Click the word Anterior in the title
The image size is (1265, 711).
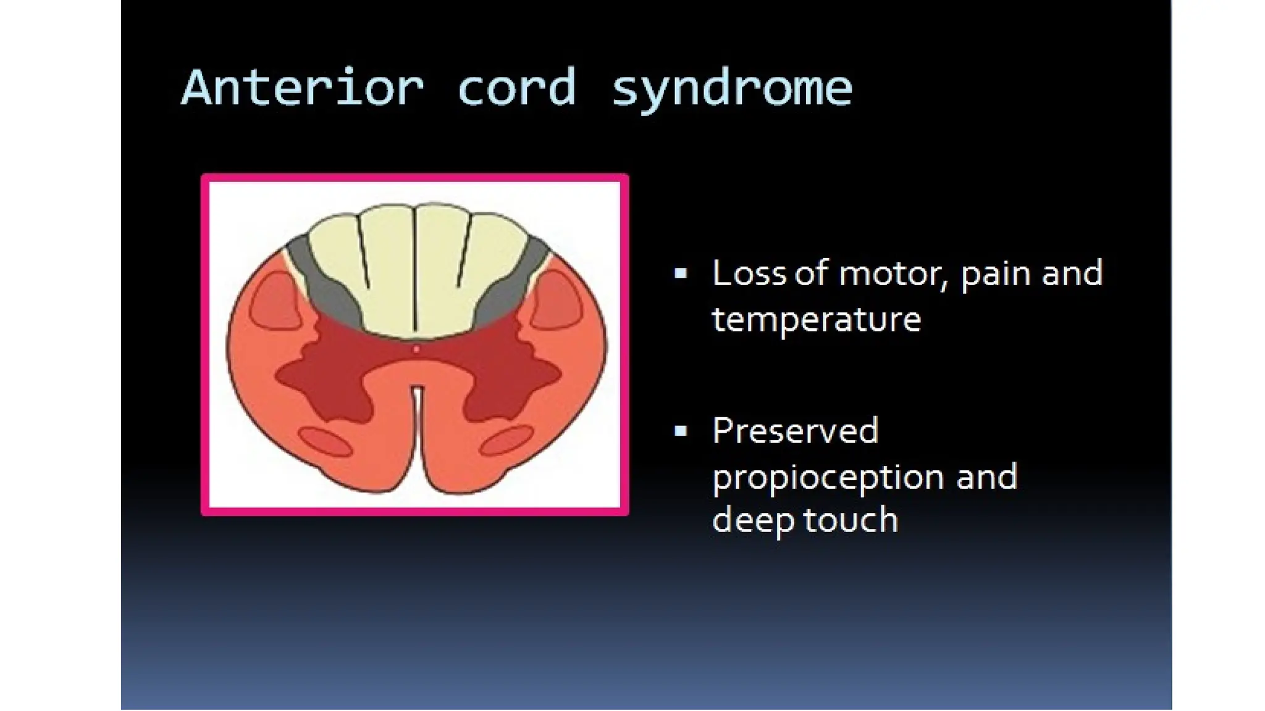pyautogui.click(x=303, y=88)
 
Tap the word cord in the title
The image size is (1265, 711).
pyautogui.click(x=516, y=88)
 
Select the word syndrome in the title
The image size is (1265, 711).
pyautogui.click(x=731, y=88)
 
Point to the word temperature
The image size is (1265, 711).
pyautogui.click(x=816, y=320)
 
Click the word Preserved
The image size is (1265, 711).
pyautogui.click(x=795, y=430)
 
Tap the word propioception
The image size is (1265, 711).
pyautogui.click(x=828, y=478)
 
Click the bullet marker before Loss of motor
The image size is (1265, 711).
pyautogui.click(x=681, y=274)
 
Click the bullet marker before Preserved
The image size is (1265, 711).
pyautogui.click(x=681, y=431)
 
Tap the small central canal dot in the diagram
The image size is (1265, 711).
pyautogui.click(x=416, y=349)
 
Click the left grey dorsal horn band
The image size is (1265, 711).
pyautogui.click(x=321, y=284)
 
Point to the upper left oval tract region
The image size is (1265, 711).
pyautogui.click(x=275, y=301)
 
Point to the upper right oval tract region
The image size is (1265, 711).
pyautogui.click(x=556, y=301)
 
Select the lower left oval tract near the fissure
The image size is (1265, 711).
pyautogui.click(x=326, y=442)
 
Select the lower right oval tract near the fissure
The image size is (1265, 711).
pyautogui.click(x=507, y=440)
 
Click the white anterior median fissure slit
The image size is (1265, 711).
pyautogui.click(x=418, y=420)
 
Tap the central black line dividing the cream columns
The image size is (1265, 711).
pyautogui.click(x=415, y=272)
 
